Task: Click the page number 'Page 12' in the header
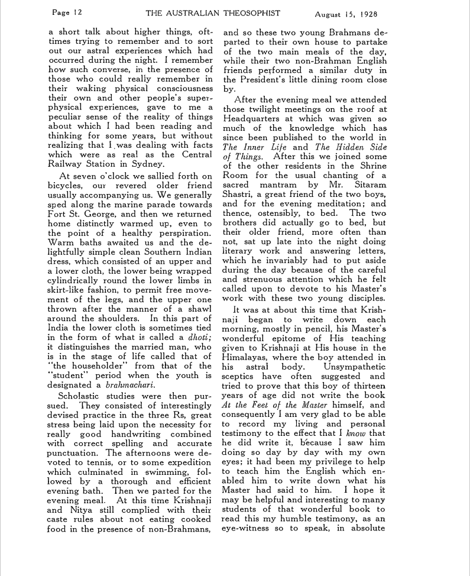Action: pyautogui.click(x=67, y=12)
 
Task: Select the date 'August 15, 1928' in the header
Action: pyautogui.click(x=347, y=13)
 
